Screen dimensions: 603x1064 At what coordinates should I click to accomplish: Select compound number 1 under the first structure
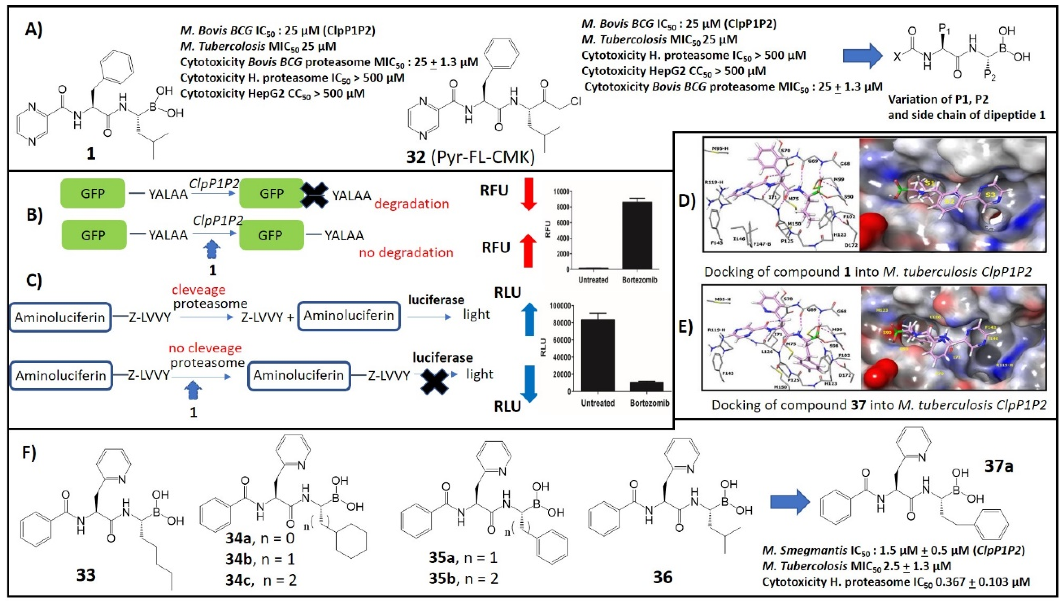pos(91,154)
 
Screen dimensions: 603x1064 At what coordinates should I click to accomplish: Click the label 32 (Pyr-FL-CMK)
pos(470,157)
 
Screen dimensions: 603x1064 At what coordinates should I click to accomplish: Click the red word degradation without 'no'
pos(411,203)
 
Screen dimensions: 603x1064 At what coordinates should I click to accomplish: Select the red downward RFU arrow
pos(528,194)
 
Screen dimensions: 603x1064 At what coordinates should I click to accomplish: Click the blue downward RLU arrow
pos(528,383)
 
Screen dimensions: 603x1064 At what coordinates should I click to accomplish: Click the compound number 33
pos(86,575)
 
